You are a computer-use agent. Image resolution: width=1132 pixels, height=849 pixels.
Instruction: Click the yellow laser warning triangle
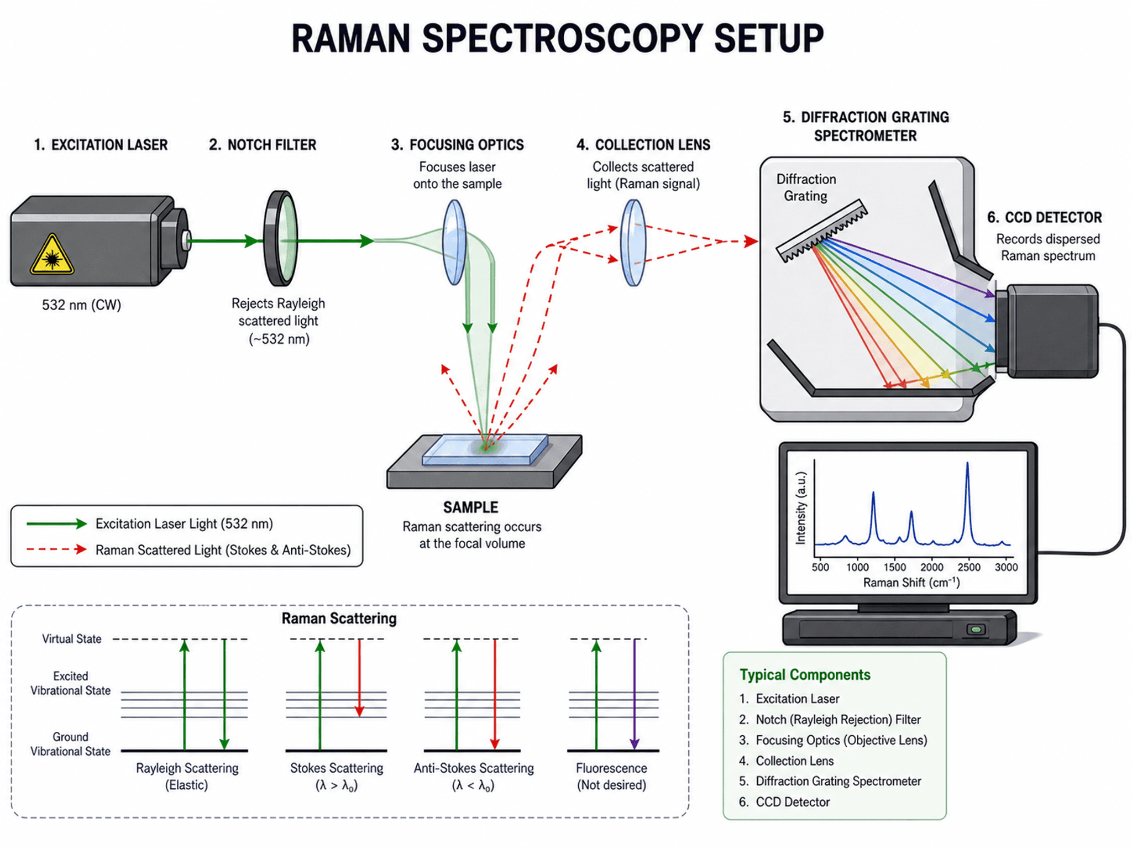click(x=52, y=255)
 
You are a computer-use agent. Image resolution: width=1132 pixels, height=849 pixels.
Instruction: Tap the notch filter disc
click(x=281, y=238)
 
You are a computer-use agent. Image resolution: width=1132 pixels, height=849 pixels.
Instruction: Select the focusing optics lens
click(x=454, y=242)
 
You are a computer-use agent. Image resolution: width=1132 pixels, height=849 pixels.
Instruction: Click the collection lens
click(x=633, y=242)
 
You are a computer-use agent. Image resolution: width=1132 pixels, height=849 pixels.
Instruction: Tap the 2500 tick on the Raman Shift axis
click(x=969, y=567)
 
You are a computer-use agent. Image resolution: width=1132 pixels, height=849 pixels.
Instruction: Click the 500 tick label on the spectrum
click(x=820, y=567)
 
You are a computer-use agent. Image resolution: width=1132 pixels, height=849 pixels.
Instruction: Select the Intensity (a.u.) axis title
click(x=800, y=508)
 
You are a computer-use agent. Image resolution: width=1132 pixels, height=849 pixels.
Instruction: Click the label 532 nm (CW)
click(x=81, y=305)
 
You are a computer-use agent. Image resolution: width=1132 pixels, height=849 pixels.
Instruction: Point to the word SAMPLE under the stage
click(x=470, y=507)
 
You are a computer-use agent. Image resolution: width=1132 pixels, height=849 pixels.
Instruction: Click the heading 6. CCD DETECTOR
click(x=1044, y=217)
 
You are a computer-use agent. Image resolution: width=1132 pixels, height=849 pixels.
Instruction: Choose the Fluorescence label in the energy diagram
click(x=611, y=768)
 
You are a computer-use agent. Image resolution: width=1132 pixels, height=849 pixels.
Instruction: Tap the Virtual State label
click(x=72, y=639)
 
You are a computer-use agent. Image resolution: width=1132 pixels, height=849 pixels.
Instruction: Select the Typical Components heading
click(x=805, y=675)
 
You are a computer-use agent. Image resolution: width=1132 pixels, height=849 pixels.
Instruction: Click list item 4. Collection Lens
click(x=786, y=761)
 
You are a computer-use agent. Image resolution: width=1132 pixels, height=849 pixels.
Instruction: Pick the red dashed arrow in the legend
click(x=56, y=549)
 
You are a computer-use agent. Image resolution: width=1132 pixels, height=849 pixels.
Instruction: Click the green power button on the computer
click(x=976, y=630)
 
